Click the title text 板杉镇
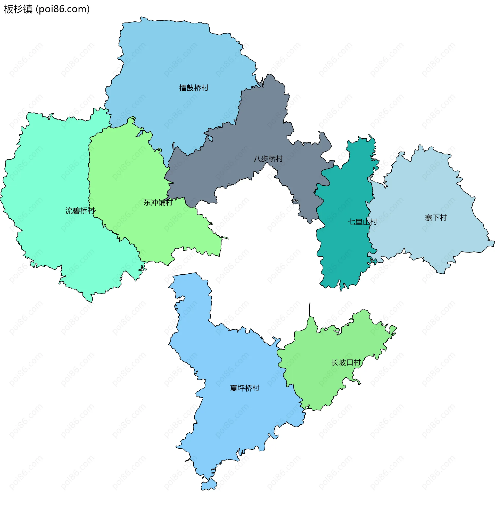pyautogui.click(x=18, y=9)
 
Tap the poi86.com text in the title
pyautogui.click(x=63, y=9)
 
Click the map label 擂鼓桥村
pyautogui.click(x=194, y=88)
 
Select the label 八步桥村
pyautogui.click(x=268, y=159)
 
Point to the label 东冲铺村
pyautogui.click(x=158, y=202)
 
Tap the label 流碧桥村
pyautogui.click(x=80, y=211)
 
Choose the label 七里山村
pyautogui.click(x=362, y=222)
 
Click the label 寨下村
pyautogui.click(x=436, y=218)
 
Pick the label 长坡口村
pyautogui.click(x=346, y=362)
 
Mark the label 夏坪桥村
pyautogui.click(x=245, y=388)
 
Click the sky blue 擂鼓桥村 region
pyautogui.click(x=169, y=57)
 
